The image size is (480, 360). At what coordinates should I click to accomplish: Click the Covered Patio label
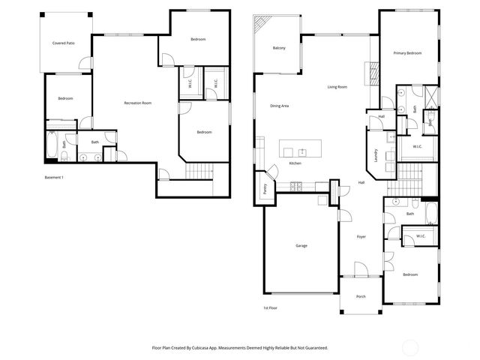[63, 43]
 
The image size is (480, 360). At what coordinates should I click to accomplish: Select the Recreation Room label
[138, 103]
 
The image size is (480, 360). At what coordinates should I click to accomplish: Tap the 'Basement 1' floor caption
[55, 178]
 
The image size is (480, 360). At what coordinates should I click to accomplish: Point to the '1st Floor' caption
[271, 308]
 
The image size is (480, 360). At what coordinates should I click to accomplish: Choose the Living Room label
[337, 87]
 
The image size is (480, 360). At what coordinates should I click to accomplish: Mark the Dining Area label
[280, 106]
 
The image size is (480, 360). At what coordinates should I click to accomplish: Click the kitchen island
[300, 146]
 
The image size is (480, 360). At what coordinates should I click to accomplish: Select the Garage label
[301, 245]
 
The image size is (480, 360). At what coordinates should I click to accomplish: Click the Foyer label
[361, 237]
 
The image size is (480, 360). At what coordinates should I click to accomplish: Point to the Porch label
[361, 296]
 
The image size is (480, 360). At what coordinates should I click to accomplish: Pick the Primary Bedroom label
[408, 53]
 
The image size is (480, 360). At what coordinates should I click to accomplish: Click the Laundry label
[375, 155]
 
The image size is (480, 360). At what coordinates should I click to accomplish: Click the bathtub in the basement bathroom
[51, 146]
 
